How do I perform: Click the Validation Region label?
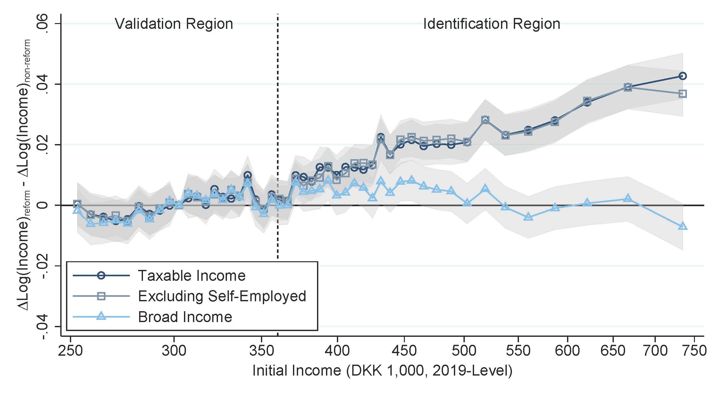[174, 24]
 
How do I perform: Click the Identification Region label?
[491, 24]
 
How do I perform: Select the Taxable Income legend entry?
[191, 276]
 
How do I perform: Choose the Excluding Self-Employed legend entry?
[222, 296]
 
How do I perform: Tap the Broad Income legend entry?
[185, 317]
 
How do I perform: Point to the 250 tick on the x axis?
[71, 351]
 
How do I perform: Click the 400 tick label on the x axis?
[337, 351]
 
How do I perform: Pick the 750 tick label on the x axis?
[694, 351]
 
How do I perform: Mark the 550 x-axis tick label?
[518, 351]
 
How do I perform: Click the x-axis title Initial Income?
[382, 371]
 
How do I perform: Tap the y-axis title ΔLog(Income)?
[24, 174]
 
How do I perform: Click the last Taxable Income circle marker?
[682, 76]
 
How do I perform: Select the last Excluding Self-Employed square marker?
[682, 94]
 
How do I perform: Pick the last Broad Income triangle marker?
[682, 226]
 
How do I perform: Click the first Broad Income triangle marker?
[77, 210]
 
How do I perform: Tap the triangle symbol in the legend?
[101, 317]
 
